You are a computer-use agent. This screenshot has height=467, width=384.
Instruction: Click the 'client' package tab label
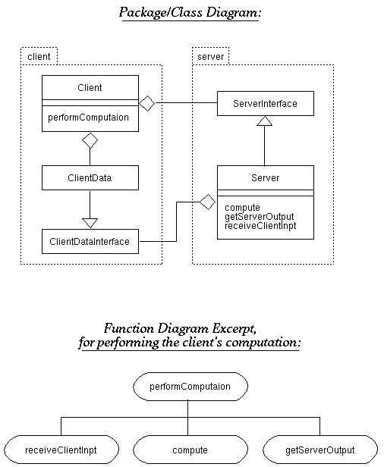(x=39, y=56)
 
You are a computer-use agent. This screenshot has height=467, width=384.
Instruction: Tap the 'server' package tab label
(x=210, y=56)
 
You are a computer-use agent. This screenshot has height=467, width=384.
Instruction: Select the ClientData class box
(x=90, y=178)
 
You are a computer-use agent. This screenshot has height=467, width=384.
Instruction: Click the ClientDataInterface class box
(x=90, y=241)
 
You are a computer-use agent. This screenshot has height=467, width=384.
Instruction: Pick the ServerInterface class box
(x=266, y=103)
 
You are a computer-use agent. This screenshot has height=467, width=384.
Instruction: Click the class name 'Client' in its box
(x=90, y=88)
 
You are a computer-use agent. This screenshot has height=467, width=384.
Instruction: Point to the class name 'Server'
(x=265, y=178)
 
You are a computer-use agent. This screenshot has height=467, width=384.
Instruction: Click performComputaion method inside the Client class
(x=88, y=118)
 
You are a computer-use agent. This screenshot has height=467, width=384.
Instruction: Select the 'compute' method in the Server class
(x=242, y=207)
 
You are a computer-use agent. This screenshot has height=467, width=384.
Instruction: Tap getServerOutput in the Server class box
(x=260, y=217)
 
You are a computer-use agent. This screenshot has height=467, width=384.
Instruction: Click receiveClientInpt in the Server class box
(x=260, y=226)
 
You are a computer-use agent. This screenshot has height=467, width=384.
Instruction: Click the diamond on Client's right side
(x=147, y=103)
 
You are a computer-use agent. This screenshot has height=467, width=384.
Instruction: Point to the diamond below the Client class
(x=90, y=140)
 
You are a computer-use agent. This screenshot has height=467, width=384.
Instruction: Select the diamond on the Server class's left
(x=207, y=202)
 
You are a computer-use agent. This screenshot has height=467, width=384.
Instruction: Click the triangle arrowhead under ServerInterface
(x=264, y=121)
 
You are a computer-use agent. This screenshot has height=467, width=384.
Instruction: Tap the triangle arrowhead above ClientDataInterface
(x=90, y=223)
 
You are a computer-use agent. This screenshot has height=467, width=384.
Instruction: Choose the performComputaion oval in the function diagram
(x=190, y=387)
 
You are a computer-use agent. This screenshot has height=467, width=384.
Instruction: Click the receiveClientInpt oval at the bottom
(x=61, y=450)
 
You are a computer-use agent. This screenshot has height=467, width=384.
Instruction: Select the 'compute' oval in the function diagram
(x=190, y=450)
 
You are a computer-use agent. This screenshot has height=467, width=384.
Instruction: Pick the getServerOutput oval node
(x=320, y=450)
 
